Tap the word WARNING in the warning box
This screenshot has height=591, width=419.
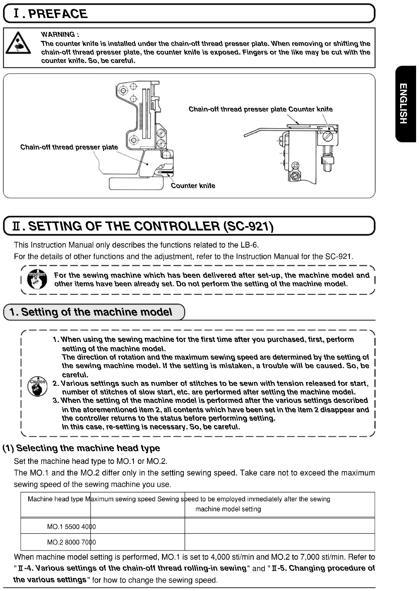[58, 34]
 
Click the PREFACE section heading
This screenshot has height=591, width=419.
[58, 14]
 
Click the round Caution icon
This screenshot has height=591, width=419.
[38, 386]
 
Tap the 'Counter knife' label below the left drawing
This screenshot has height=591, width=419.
[193, 186]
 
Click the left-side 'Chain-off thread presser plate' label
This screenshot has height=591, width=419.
[69, 147]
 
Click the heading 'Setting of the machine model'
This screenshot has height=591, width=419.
[96, 312]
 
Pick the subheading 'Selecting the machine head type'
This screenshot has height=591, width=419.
[88, 448]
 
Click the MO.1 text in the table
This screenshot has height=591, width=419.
[55, 527]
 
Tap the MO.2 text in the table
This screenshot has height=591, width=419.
[55, 542]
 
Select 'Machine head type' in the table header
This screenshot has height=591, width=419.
[55, 499]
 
